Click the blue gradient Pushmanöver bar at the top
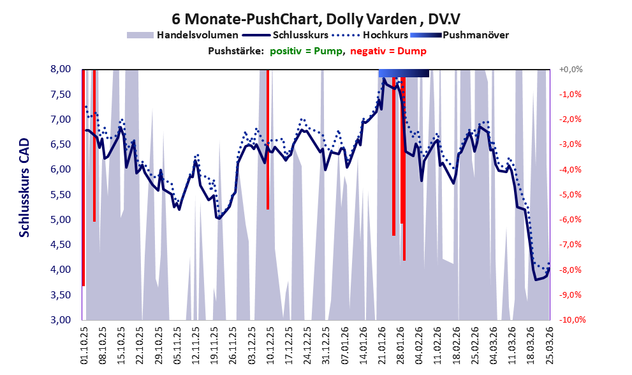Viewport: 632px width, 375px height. [404, 73]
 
